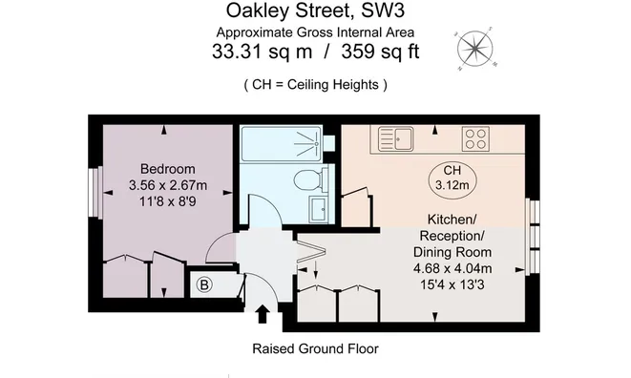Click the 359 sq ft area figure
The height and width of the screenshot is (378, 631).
[367, 52]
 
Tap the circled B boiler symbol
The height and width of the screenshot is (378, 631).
[203, 283]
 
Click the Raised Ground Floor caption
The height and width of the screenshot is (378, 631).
[315, 348]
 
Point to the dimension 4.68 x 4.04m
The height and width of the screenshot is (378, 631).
[459, 268]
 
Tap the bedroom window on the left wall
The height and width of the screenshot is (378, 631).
[95, 194]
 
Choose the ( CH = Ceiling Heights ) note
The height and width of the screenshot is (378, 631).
[315, 84]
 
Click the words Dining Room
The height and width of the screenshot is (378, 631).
[459, 252]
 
